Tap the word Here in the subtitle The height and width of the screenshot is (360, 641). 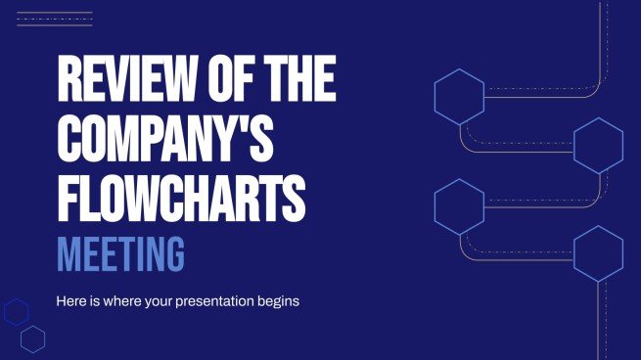pyautogui.click(x=74, y=301)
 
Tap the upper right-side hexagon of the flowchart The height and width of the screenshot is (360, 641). pyautogui.click(x=598, y=145)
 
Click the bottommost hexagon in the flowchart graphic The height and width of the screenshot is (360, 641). pyautogui.click(x=598, y=252)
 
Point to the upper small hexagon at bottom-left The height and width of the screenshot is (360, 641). pyautogui.click(x=16, y=312)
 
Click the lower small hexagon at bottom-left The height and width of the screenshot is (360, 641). pyautogui.click(x=33, y=338)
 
